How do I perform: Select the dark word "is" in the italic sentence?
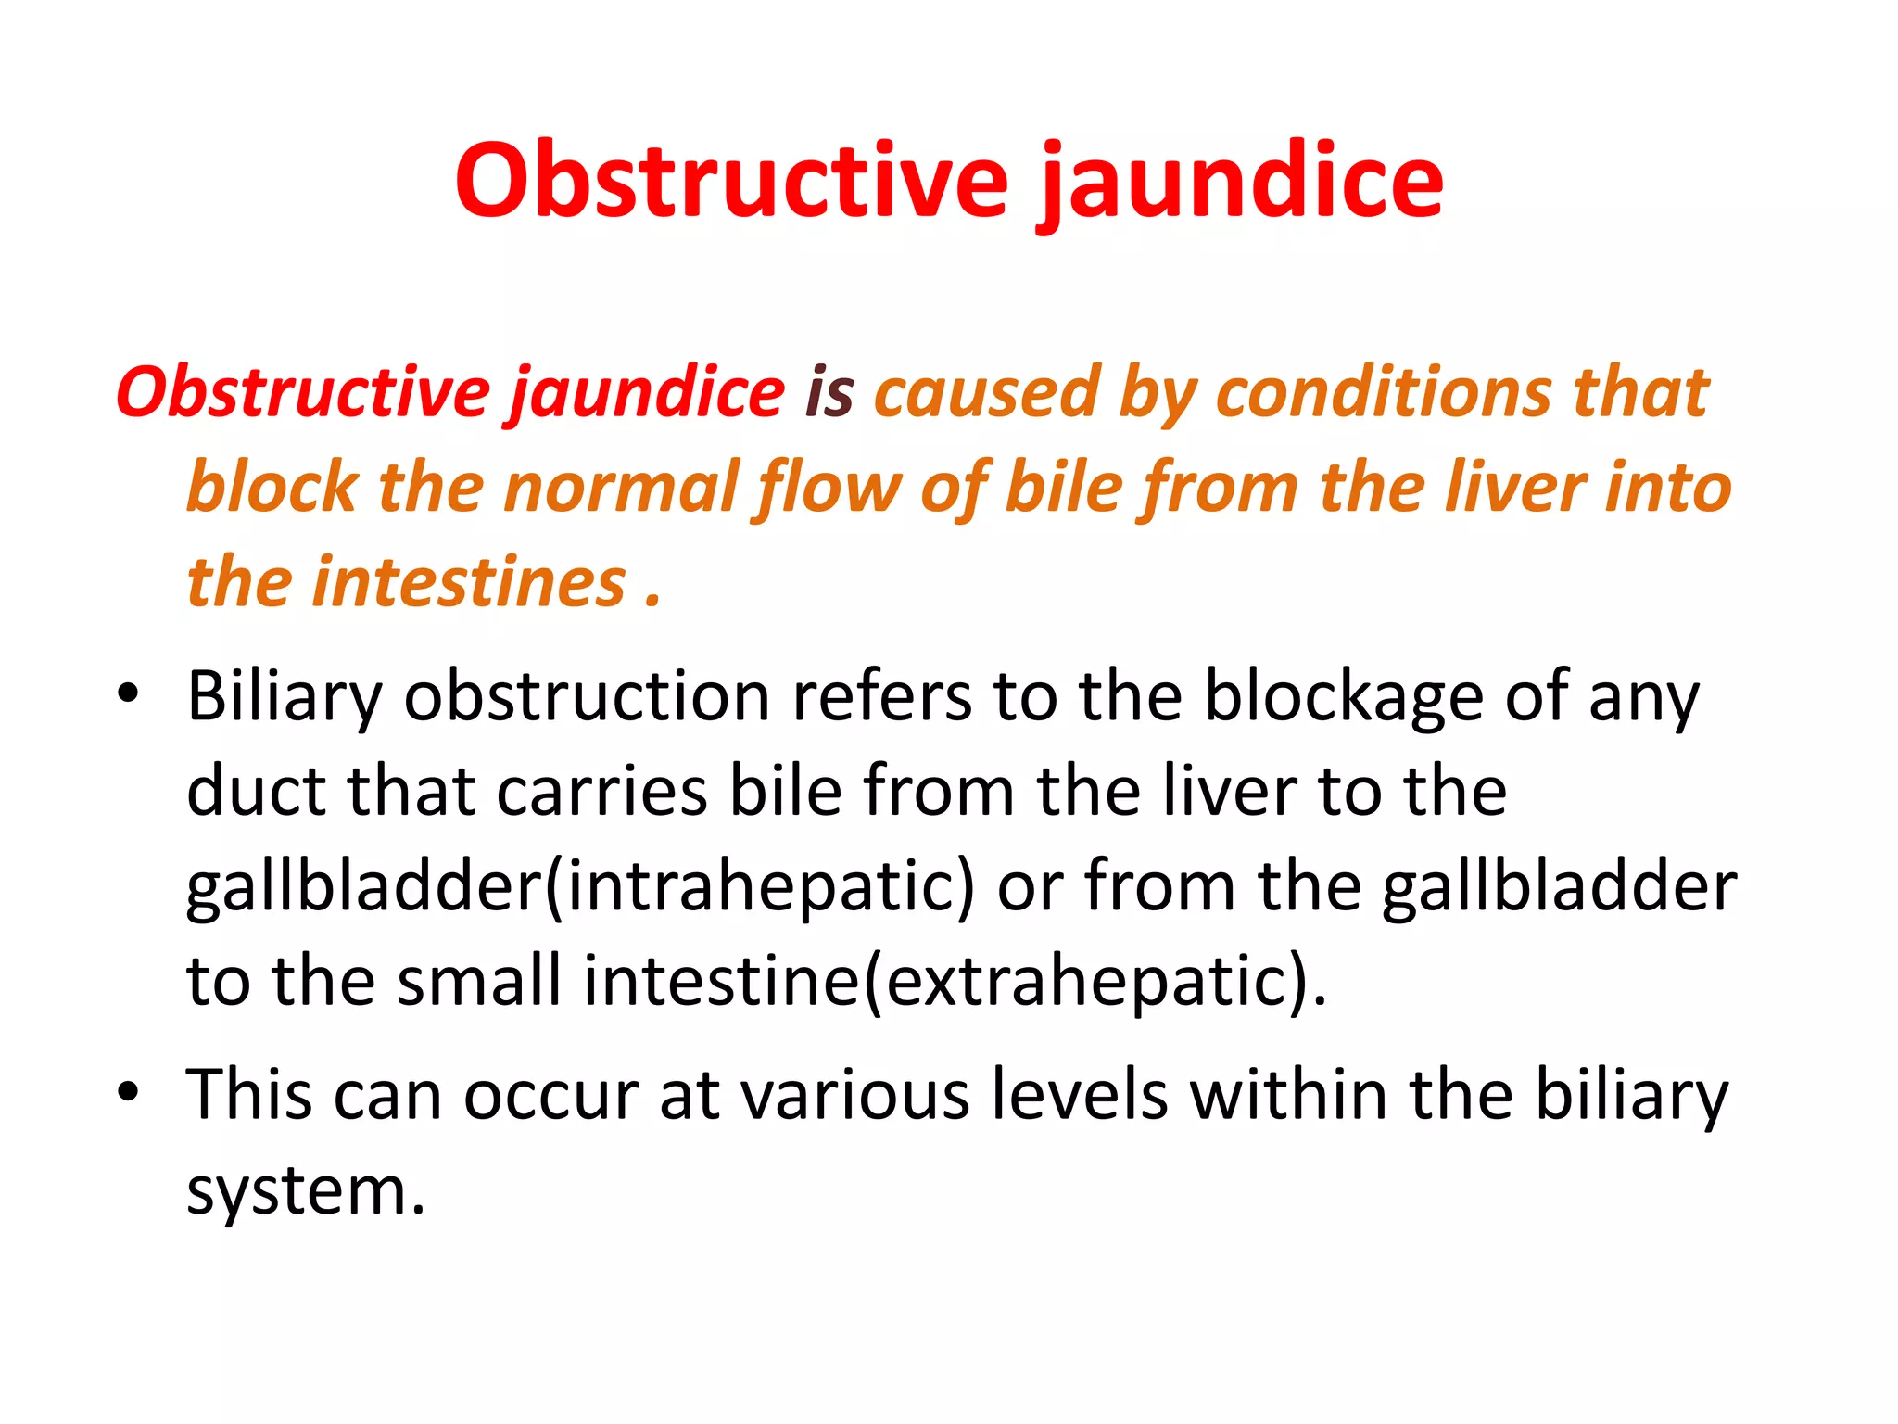[829, 392]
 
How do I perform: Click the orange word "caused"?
[986, 392]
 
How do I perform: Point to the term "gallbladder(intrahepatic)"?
[581, 887]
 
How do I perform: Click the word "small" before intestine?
[479, 982]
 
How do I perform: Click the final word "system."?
[306, 1192]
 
